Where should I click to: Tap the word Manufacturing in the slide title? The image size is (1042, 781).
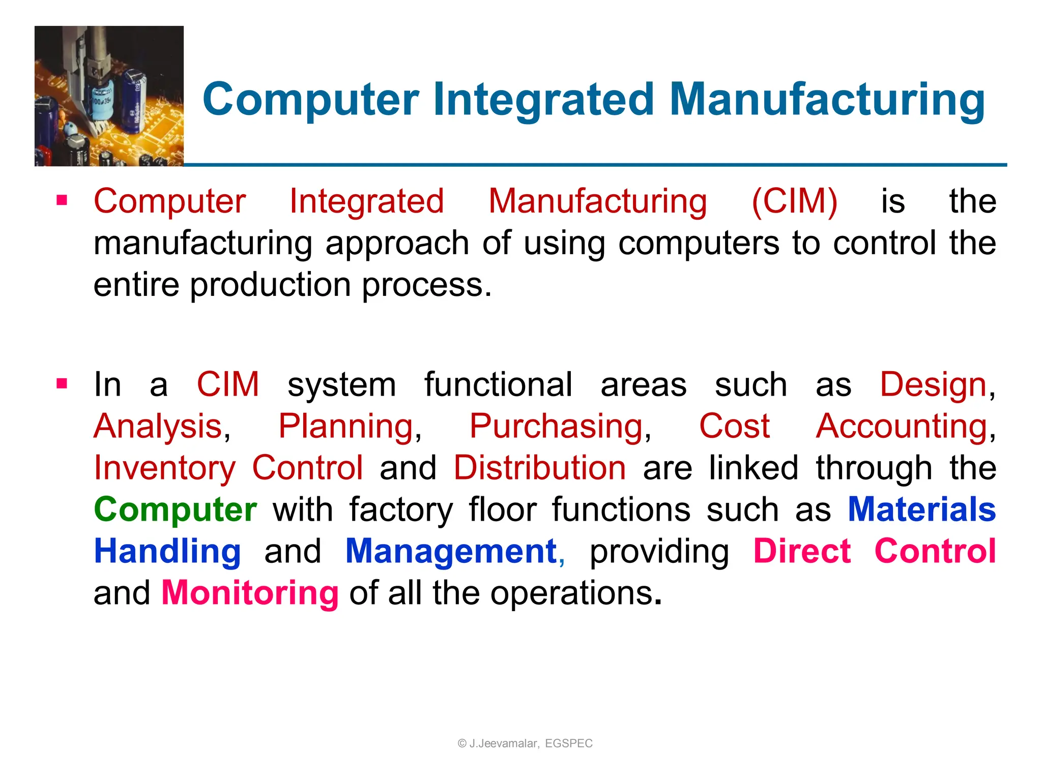coord(827,100)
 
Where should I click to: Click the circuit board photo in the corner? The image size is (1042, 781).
coord(109,96)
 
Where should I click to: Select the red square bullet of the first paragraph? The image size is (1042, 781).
coord(62,200)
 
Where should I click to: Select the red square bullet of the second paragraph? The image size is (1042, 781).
coord(62,383)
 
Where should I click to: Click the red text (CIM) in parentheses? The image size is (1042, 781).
coord(794,201)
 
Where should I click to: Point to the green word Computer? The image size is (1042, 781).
coord(176,509)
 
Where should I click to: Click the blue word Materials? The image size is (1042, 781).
coord(921,509)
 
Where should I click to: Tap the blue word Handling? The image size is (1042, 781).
coord(167,552)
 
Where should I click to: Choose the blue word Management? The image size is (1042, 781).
coord(451,552)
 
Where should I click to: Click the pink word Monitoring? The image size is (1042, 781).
coord(250,593)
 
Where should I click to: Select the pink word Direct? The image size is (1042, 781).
coord(802,552)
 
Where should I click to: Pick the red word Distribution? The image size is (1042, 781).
coord(540,468)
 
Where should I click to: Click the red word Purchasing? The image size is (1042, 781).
coord(557,427)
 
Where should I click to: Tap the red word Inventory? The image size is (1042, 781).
coord(165,468)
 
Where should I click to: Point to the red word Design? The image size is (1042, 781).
coord(933,385)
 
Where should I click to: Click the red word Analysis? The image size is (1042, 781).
coord(158,427)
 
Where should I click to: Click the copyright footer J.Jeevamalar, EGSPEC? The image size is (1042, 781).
coord(525,743)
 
